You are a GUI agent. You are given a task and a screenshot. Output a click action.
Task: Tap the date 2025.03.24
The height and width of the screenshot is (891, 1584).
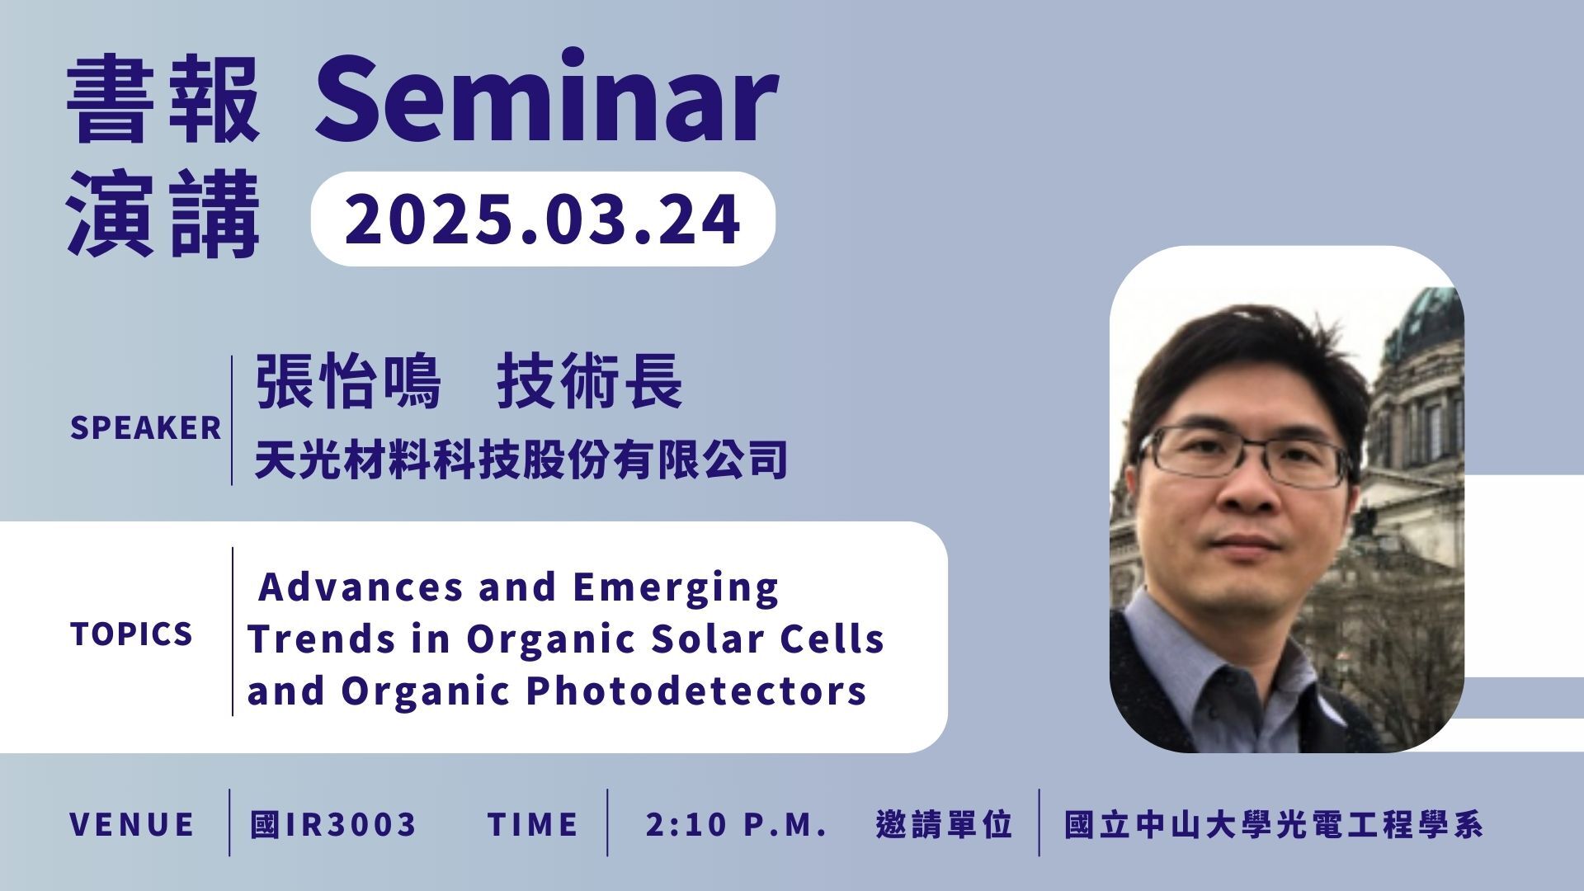coord(542,219)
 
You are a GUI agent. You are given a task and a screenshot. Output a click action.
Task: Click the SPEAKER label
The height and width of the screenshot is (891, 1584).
coord(146,428)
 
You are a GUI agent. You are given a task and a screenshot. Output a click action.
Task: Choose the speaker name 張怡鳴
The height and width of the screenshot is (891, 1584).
coord(348,381)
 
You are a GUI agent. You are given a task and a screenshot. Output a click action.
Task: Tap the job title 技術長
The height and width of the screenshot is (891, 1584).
coord(589,381)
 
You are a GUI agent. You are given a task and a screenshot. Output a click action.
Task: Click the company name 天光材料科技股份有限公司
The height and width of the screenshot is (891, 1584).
coord(521,460)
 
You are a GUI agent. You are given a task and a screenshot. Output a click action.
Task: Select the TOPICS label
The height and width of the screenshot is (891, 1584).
coord(132,634)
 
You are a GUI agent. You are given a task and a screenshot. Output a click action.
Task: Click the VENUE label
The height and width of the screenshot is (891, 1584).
coord(132,824)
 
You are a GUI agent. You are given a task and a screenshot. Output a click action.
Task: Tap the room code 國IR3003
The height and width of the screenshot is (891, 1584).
coord(333,824)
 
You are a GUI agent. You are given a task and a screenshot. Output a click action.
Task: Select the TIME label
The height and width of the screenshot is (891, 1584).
coord(533,824)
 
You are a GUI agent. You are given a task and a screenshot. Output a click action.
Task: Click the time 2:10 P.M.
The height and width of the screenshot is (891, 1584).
coord(737,824)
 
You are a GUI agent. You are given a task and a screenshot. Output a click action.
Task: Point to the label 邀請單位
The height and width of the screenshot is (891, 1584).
coord(945,824)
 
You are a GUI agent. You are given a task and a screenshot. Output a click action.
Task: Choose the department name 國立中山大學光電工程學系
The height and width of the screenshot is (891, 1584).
coord(1274,824)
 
